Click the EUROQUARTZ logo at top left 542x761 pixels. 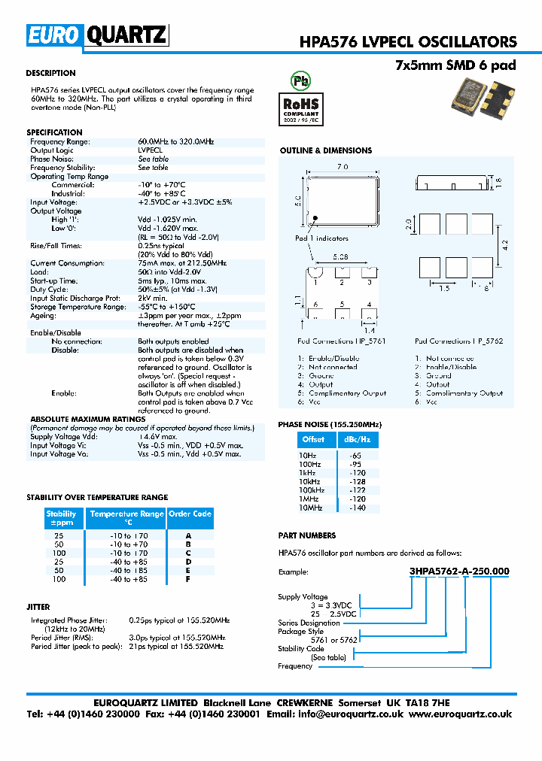click(97, 35)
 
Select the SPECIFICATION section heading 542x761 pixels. click(54, 132)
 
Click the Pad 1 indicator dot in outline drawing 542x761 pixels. click(316, 219)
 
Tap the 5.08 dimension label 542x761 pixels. click(341, 257)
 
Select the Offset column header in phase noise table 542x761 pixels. click(313, 439)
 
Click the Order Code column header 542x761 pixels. click(190, 514)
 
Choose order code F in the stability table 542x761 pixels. click(188, 579)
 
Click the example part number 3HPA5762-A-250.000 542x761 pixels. click(458, 572)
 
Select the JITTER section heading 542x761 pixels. click(38, 606)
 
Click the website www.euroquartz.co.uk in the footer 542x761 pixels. click(461, 714)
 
